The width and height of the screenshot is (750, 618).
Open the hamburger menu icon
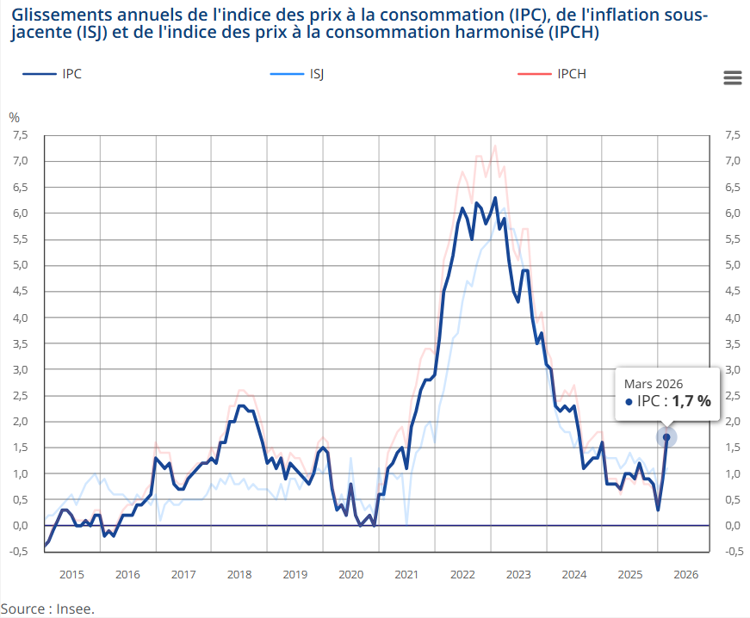point(733,77)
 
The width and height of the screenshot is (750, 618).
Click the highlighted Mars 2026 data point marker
point(666,437)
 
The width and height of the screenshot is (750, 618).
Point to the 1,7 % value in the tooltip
point(691,401)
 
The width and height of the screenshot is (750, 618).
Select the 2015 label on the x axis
point(71,574)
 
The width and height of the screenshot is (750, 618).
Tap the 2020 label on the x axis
point(350,574)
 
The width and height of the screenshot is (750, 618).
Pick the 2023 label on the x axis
point(518,574)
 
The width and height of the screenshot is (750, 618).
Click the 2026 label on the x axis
point(685,574)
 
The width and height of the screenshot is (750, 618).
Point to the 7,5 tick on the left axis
point(19,135)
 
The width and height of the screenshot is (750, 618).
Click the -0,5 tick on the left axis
point(17,552)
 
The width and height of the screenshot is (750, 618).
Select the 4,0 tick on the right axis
point(732,318)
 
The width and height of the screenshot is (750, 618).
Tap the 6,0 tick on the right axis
point(732,213)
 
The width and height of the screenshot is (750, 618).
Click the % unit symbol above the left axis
point(14,117)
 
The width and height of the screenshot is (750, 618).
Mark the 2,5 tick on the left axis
point(19,396)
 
